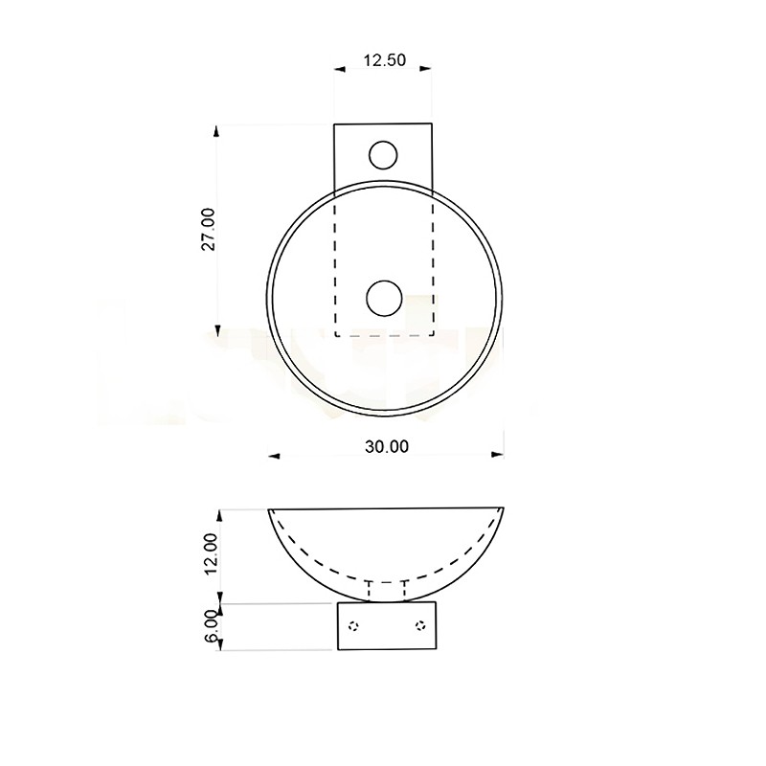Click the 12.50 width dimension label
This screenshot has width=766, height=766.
pyautogui.click(x=385, y=60)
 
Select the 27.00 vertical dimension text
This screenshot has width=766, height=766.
pyautogui.click(x=209, y=229)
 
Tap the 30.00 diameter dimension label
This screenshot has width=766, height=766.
pyautogui.click(x=387, y=446)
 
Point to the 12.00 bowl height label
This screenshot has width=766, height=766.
pyautogui.click(x=211, y=553)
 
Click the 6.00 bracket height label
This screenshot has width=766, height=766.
pyautogui.click(x=211, y=626)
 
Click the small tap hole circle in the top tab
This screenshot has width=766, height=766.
pyautogui.click(x=383, y=155)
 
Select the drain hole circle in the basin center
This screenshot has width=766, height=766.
pyautogui.click(x=384, y=298)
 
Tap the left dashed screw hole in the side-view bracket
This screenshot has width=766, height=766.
pyautogui.click(x=353, y=625)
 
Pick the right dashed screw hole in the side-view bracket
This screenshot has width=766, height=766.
pyautogui.click(x=420, y=625)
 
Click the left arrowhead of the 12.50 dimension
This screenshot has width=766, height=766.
pyautogui.click(x=340, y=69)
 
